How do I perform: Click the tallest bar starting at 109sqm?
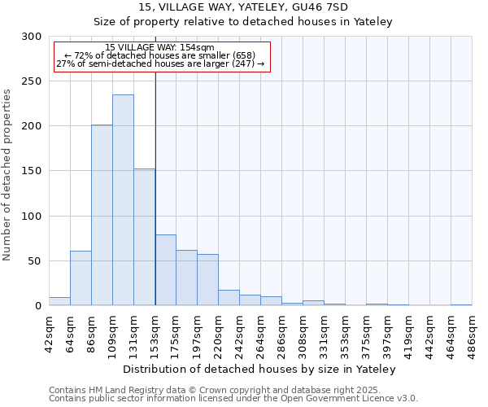[x=123, y=200]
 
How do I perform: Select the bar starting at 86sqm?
[x=102, y=215]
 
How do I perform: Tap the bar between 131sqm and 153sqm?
[x=144, y=237]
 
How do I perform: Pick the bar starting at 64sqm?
[x=81, y=278]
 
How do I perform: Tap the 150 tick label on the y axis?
[x=32, y=172]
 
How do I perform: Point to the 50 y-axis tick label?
[x=35, y=261]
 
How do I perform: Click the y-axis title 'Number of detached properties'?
[x=7, y=175]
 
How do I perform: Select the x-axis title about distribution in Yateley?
[x=260, y=370]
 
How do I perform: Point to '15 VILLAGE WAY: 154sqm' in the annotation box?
[x=160, y=48]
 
